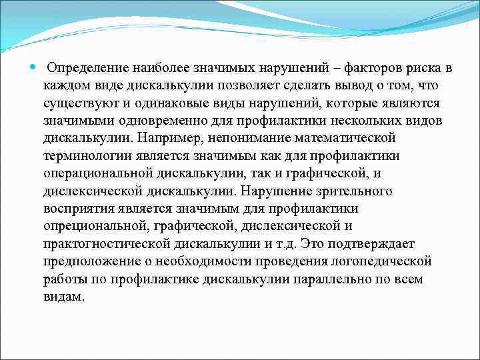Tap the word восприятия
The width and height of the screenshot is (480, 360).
tap(82, 207)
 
